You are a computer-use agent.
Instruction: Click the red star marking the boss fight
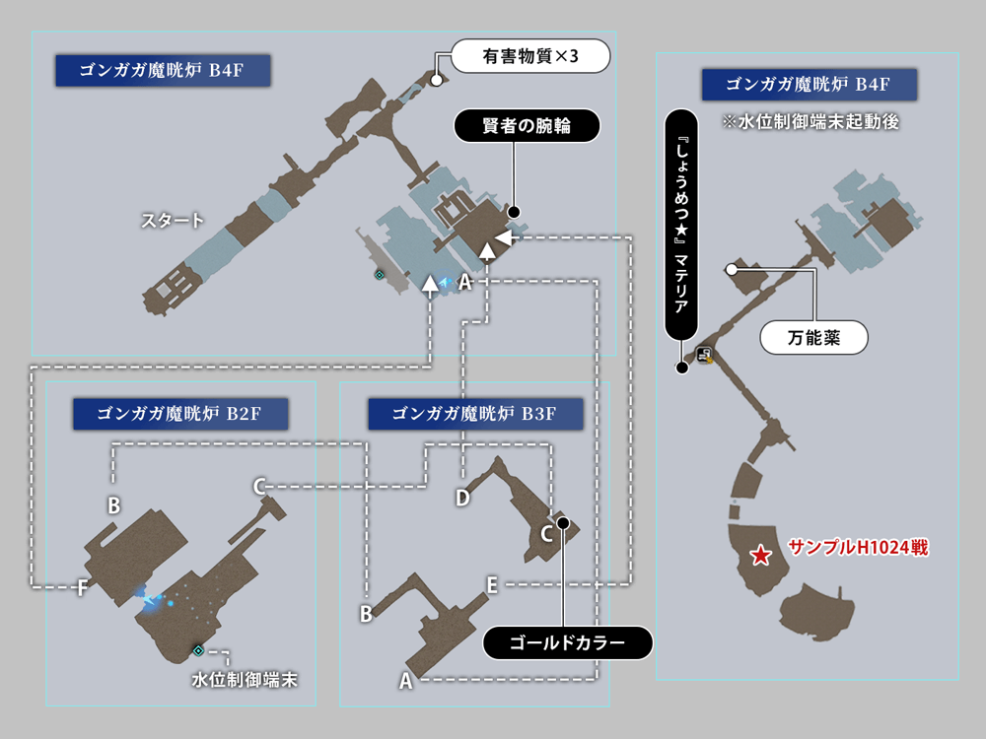pos(760,557)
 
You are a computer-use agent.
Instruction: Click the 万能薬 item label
pos(813,338)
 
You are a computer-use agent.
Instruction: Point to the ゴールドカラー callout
pos(567,643)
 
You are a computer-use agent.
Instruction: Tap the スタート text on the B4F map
pos(173,220)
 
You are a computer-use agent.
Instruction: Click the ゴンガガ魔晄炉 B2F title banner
pos(179,414)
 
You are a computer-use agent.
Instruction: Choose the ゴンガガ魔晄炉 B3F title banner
pos(475,414)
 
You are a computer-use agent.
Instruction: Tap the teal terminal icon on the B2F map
pos(198,650)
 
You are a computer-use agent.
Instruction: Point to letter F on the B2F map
pos(83,588)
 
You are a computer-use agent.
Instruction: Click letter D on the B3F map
pos(462,498)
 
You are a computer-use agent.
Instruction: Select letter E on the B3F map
pos(492,584)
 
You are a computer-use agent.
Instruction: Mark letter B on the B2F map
pos(114,505)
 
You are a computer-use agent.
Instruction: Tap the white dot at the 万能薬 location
pos(732,269)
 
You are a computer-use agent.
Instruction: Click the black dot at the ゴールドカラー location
pos(562,522)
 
